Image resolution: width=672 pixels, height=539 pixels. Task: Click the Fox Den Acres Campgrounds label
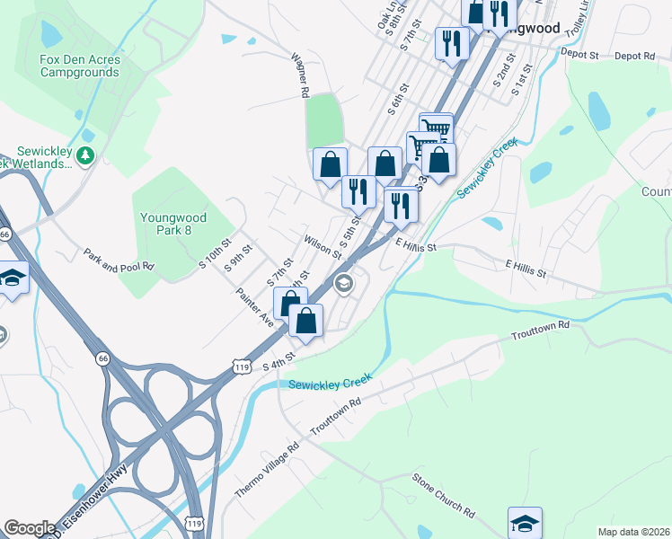[80, 66]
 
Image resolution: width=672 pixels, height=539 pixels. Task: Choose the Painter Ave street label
[254, 307]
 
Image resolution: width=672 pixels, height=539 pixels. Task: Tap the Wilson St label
[323, 246]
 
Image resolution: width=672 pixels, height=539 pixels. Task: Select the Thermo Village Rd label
[266, 471]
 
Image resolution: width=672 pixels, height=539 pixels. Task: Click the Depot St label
[579, 55]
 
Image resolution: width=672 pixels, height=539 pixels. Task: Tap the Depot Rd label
[635, 56]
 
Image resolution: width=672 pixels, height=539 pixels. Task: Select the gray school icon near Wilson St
[342, 285]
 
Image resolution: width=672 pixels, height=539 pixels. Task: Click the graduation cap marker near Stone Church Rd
[526, 523]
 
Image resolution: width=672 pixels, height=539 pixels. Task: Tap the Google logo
[30, 528]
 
